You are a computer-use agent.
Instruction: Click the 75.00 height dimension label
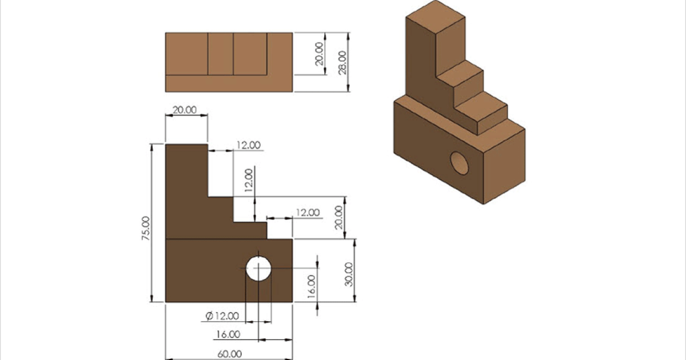[x=146, y=228]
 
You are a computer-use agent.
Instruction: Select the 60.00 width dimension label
[x=230, y=354]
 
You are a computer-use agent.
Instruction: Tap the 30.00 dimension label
[x=349, y=274]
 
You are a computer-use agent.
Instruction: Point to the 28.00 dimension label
[x=342, y=62]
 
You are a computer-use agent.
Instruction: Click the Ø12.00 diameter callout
[x=222, y=315]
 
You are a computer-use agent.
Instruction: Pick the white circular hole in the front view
[x=258, y=269]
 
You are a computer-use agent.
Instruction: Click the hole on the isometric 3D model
[x=459, y=163]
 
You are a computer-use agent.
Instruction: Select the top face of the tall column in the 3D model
[x=436, y=16]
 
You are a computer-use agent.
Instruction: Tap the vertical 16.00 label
[x=311, y=286]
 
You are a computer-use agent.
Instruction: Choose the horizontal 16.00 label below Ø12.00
[x=228, y=334]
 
